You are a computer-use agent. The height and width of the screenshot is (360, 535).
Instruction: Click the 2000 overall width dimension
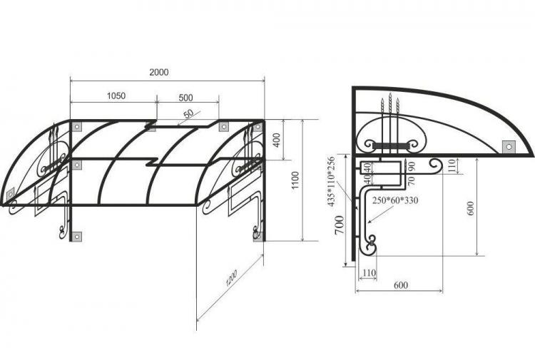click(159, 73)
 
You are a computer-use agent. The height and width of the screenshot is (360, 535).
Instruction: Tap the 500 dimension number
click(185, 97)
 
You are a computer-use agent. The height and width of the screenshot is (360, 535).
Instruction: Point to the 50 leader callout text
click(188, 114)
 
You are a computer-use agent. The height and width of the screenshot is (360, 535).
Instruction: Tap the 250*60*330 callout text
click(393, 200)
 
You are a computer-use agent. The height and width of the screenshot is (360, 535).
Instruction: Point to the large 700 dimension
click(340, 230)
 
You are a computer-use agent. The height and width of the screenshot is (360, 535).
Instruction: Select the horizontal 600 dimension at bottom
click(400, 285)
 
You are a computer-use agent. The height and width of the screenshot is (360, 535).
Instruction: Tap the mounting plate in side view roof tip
click(508, 146)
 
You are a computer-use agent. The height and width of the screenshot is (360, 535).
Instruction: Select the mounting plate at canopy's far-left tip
click(11, 193)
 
